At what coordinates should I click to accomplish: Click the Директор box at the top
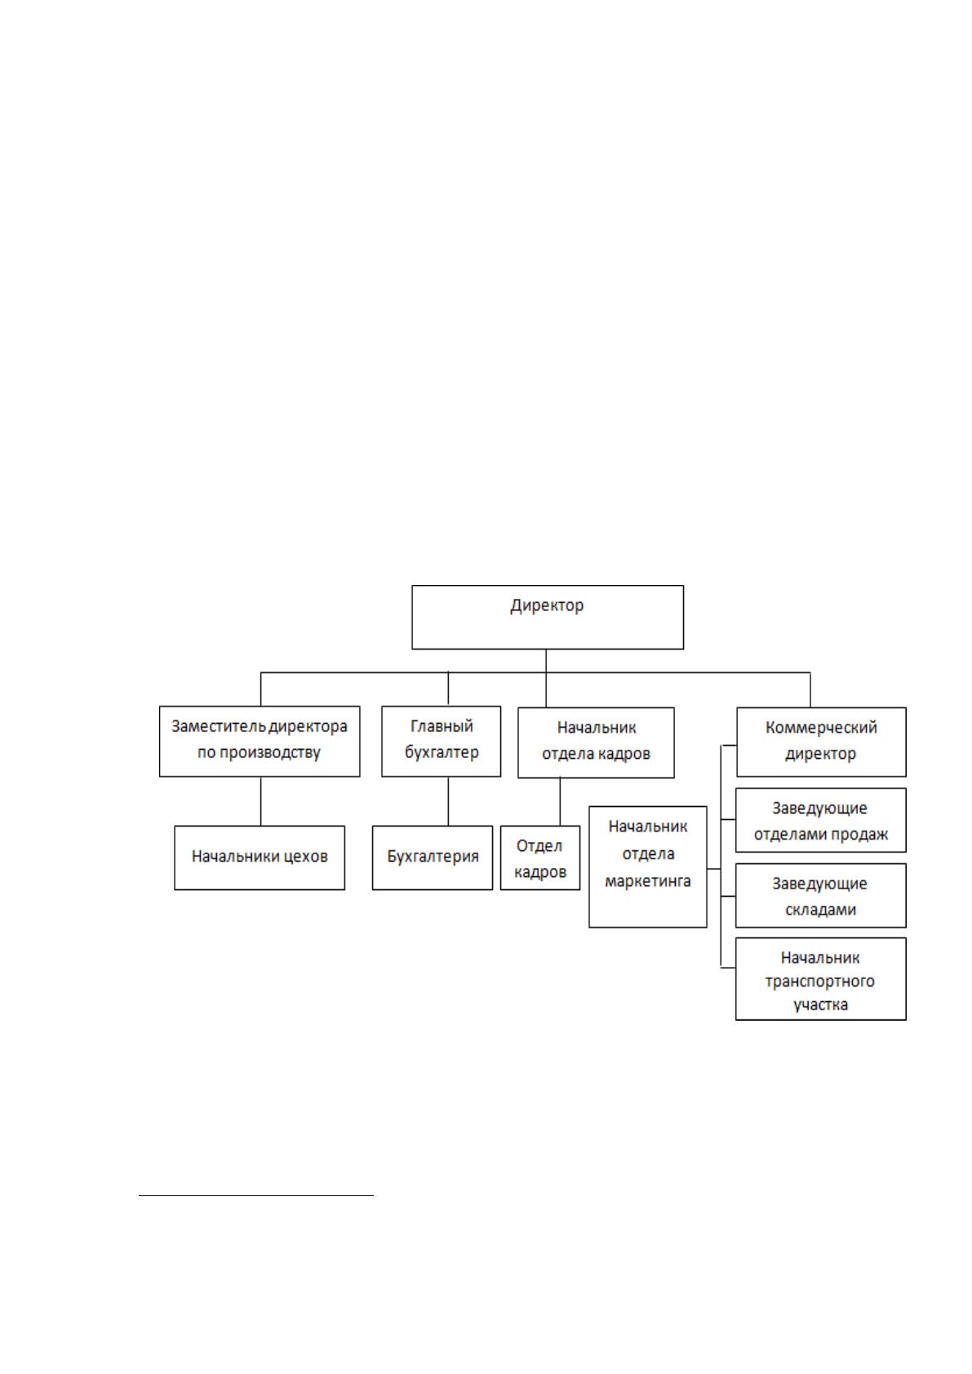tap(548, 617)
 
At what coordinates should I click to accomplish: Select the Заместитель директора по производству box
tap(260, 741)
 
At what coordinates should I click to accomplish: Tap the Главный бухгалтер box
tap(442, 741)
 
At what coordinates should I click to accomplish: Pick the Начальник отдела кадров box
tap(596, 742)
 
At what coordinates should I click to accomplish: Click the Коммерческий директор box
tap(821, 742)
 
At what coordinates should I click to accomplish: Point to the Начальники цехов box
tap(260, 858)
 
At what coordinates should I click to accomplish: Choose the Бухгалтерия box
tap(433, 858)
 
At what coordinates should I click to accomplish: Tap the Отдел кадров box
tap(540, 858)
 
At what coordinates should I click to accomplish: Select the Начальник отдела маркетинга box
tap(648, 867)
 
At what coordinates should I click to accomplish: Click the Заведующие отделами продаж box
tap(821, 820)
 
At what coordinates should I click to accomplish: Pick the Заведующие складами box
tap(821, 896)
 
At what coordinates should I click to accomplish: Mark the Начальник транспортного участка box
tap(821, 979)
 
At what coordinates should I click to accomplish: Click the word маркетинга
tap(648, 881)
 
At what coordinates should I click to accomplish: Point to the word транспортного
tap(820, 982)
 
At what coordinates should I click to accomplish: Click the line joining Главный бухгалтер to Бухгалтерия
tap(448, 801)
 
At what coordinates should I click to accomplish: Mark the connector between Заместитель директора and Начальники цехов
tap(261, 801)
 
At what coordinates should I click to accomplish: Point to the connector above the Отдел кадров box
tap(560, 802)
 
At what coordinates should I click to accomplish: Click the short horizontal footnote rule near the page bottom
tap(256, 1195)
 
